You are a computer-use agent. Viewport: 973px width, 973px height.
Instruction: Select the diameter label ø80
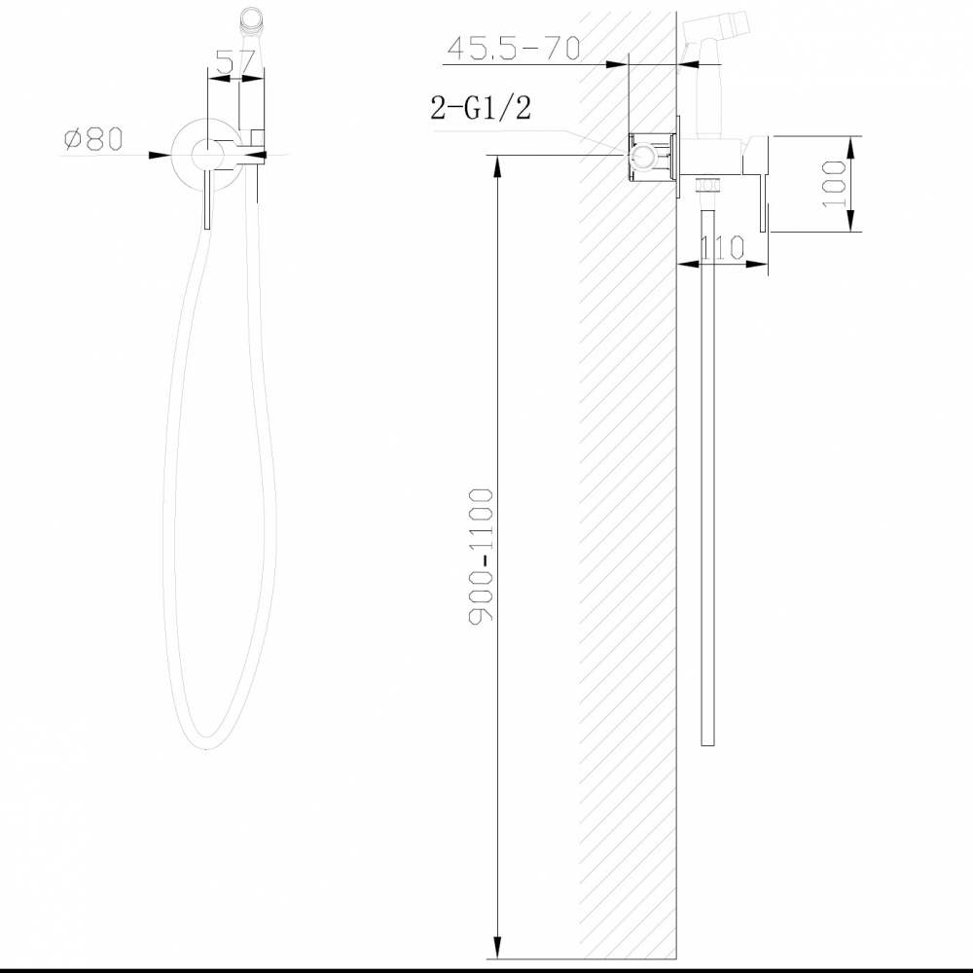pyautogui.click(x=93, y=140)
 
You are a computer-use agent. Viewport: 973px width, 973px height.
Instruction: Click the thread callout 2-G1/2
pyautogui.click(x=481, y=108)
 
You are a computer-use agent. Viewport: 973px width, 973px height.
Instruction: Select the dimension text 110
pyautogui.click(x=724, y=248)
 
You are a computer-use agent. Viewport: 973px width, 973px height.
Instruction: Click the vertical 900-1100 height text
pyautogui.click(x=484, y=557)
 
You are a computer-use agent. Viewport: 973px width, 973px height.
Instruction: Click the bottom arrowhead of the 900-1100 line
pyautogui.click(x=499, y=949)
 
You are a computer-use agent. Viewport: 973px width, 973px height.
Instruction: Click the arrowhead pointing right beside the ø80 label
pyautogui.click(x=163, y=155)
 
